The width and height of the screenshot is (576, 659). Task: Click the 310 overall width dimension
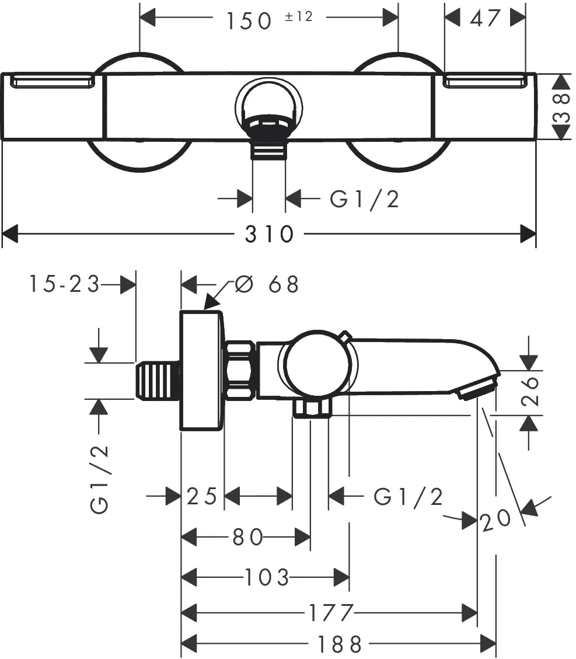pyautogui.click(x=269, y=235)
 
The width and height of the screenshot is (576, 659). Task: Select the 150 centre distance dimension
pyautogui.click(x=249, y=21)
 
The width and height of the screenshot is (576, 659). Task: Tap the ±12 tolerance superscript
pyautogui.click(x=299, y=16)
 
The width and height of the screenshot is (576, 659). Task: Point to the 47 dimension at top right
pyautogui.click(x=485, y=18)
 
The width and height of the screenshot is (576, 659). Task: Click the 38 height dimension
pyautogui.click(x=561, y=107)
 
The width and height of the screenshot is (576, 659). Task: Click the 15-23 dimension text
pyautogui.click(x=64, y=284)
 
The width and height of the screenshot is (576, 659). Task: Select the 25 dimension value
pyautogui.click(x=202, y=497)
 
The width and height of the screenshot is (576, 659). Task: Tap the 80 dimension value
pyautogui.click(x=248, y=537)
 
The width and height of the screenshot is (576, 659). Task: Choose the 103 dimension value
pyautogui.click(x=267, y=578)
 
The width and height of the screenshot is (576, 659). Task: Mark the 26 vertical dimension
pyautogui.click(x=529, y=392)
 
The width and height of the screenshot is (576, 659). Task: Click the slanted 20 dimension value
pyautogui.click(x=495, y=519)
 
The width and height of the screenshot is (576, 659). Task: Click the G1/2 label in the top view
pyautogui.click(x=365, y=200)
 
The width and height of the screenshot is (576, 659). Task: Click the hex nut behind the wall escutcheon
pyautogui.click(x=239, y=371)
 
